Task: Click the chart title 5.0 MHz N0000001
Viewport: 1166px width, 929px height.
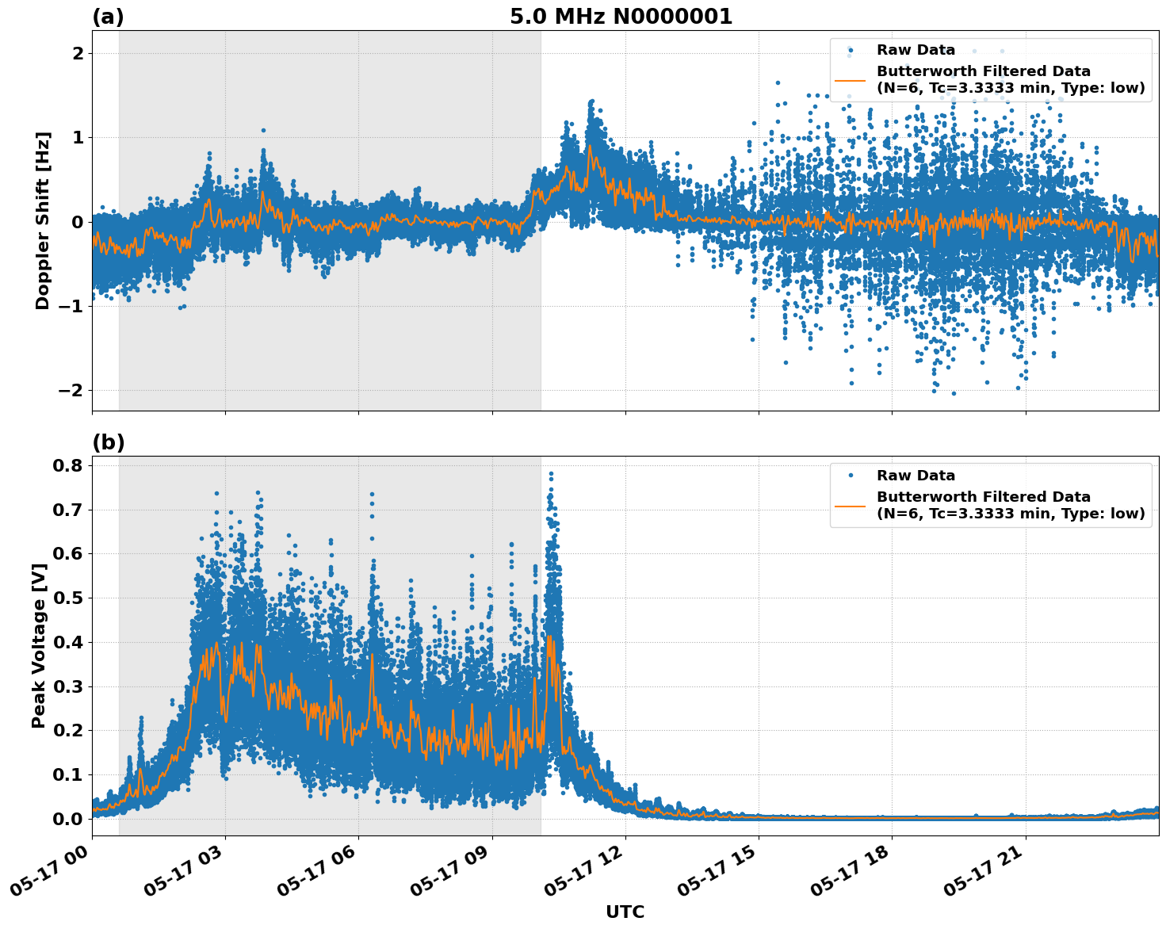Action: pyautogui.click(x=621, y=17)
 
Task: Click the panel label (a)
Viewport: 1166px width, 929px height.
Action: pyautogui.click(x=108, y=17)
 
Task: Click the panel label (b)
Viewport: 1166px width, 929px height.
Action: pyautogui.click(x=108, y=442)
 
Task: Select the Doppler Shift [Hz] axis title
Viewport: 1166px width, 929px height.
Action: pyautogui.click(x=43, y=220)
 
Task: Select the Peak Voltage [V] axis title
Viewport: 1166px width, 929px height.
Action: pyautogui.click(x=39, y=645)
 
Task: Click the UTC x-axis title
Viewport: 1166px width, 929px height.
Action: pyautogui.click(x=625, y=912)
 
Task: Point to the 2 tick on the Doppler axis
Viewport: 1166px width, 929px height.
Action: pyautogui.click(x=78, y=53)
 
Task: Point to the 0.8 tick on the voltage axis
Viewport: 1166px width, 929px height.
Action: pyautogui.click(x=67, y=465)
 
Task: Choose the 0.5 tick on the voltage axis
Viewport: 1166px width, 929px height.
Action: pyautogui.click(x=67, y=598)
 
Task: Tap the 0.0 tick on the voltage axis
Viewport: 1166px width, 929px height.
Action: pyautogui.click(x=67, y=819)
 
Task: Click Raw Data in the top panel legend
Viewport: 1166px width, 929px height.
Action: pyautogui.click(x=916, y=51)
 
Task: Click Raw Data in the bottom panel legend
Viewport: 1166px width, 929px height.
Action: pyautogui.click(x=916, y=476)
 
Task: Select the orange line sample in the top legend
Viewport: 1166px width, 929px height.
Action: pyautogui.click(x=851, y=80)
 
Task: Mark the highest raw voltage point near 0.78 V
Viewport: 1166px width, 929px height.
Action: pyautogui.click(x=551, y=474)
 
